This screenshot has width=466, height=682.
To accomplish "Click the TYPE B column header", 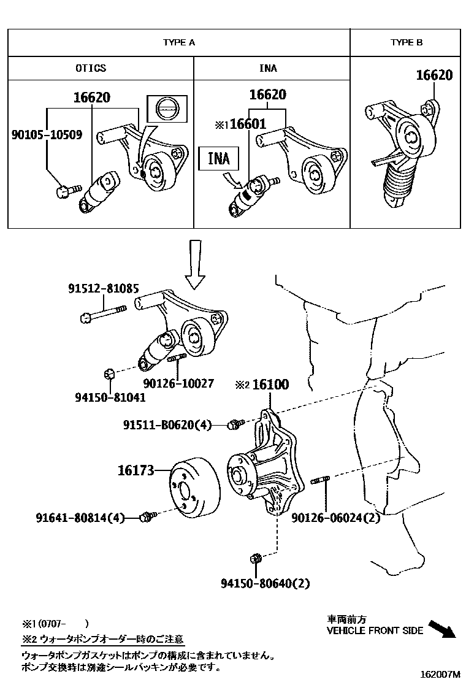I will coord(407,42).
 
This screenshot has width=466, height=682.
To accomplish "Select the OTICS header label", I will coord(90,68).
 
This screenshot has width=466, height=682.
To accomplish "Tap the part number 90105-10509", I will coord(47,133).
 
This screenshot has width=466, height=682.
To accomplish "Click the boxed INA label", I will coord(218,158).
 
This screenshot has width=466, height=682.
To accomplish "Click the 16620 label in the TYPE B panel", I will coord(434,75).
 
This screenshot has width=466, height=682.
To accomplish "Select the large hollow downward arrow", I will coord(196,264).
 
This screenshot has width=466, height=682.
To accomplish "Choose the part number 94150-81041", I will coord(111,397).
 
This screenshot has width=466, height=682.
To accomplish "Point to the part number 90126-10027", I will coord(178,383).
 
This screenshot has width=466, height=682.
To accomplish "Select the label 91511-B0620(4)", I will coord(166,424).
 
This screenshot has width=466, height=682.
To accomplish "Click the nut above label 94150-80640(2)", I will coord(256,558).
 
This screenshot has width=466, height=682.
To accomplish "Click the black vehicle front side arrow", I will coord(441,629).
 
